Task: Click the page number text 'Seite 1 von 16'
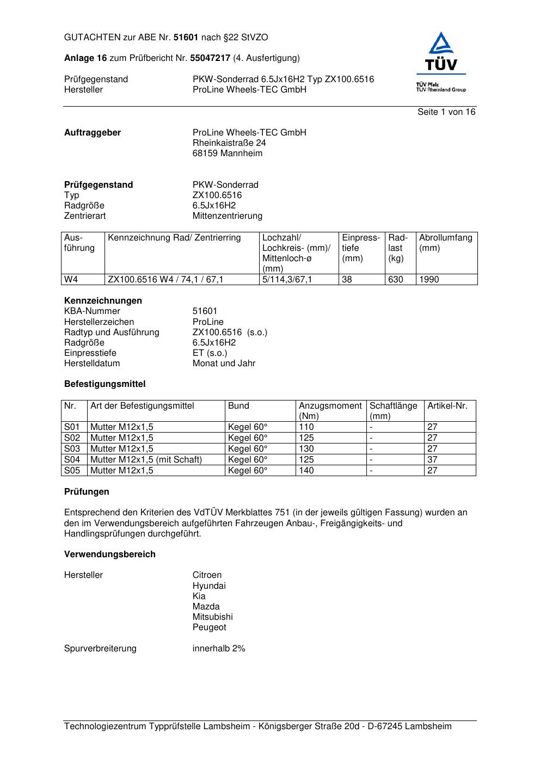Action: point(446,112)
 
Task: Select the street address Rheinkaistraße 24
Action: point(229,143)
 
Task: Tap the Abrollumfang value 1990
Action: point(429,280)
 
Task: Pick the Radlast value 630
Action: point(396,280)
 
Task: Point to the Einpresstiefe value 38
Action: point(347,280)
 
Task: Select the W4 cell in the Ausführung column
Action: point(71,280)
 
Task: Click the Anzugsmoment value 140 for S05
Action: point(306,471)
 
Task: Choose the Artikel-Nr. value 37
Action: point(432,460)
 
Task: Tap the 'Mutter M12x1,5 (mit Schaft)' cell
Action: point(146,460)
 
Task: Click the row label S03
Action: point(72,449)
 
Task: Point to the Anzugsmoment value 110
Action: point(306,427)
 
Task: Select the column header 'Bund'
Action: point(238,406)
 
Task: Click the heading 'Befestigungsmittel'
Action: point(105,384)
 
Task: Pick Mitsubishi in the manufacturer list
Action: point(212,617)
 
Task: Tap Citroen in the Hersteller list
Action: point(207,575)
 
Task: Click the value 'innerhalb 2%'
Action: point(219,649)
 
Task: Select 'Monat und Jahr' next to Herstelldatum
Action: point(224,363)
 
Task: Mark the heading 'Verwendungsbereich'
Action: point(110,554)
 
